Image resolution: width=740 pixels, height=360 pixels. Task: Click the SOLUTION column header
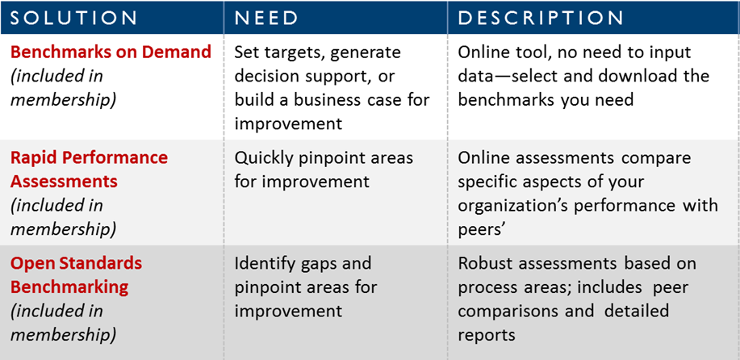tap(73, 18)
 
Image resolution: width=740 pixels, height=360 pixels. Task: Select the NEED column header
tap(266, 18)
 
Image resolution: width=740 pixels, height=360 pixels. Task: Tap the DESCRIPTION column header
tap(541, 18)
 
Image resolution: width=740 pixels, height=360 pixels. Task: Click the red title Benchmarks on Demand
tap(111, 52)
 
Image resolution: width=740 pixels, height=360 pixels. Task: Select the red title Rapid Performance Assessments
tap(90, 169)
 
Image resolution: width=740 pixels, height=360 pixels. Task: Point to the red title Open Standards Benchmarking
tap(77, 274)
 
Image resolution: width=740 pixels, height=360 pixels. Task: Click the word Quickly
tap(265, 158)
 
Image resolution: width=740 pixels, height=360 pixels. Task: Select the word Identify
tap(265, 264)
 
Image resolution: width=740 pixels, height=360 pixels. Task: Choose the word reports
tap(486, 336)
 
